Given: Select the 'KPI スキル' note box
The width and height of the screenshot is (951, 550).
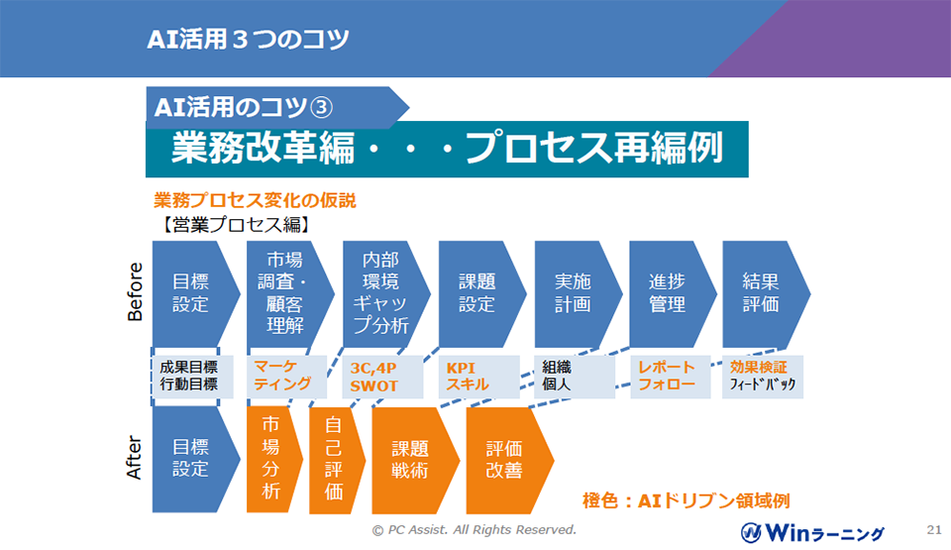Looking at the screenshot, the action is [479, 377].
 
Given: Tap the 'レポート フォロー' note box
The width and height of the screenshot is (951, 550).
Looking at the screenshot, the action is [671, 377].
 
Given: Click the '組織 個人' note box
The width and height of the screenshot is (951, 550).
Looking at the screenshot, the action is [575, 377].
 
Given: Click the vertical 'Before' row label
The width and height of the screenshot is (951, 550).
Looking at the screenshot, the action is [135, 291].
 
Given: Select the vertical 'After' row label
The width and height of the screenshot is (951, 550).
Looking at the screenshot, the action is [134, 458].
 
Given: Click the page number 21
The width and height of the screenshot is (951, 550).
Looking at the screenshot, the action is [934, 529].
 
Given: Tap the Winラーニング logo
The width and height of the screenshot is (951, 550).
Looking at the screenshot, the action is [812, 533].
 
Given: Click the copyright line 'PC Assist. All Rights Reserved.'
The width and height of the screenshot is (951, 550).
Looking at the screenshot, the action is [481, 530].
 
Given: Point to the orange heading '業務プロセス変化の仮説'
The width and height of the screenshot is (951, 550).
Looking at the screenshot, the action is [255, 200].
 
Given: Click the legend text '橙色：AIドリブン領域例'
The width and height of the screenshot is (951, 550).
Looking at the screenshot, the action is [686, 500].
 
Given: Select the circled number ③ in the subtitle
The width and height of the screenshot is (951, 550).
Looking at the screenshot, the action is [321, 108].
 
